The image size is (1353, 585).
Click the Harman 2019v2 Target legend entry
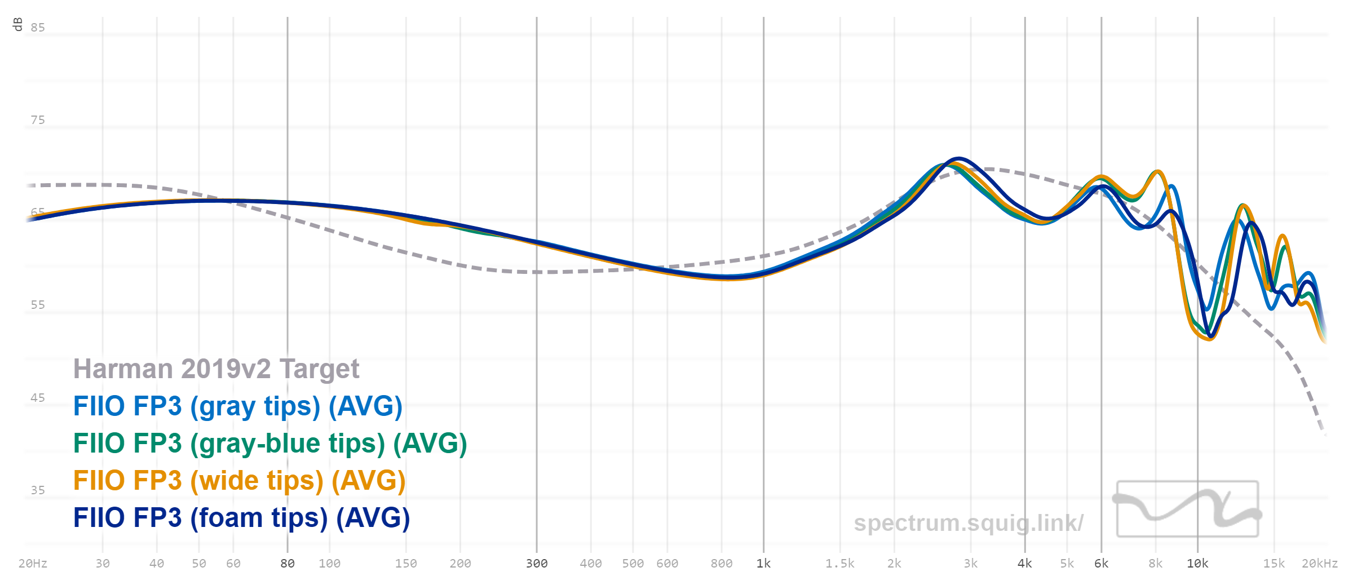click(x=216, y=369)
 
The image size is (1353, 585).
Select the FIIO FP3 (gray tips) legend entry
click(x=237, y=406)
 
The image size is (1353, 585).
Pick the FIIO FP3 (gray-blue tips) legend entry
click(x=269, y=444)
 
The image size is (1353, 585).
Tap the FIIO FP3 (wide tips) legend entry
click(x=239, y=481)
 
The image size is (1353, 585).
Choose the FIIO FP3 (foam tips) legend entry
click(x=241, y=518)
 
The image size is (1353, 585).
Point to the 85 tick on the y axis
click(x=38, y=28)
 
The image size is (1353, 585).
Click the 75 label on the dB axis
click(x=38, y=120)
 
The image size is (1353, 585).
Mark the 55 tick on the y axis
click(x=38, y=305)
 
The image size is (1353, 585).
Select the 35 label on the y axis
click(x=38, y=490)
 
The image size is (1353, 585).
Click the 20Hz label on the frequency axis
click(x=33, y=564)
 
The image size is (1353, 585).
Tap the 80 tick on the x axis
click(x=288, y=564)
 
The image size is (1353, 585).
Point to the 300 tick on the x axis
click(x=537, y=564)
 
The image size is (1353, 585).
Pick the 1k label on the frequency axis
click(x=763, y=564)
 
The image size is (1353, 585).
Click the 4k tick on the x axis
click(x=1024, y=564)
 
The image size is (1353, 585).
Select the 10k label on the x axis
click(x=1197, y=564)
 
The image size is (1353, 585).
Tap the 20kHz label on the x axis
click(x=1319, y=564)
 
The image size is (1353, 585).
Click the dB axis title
click(x=17, y=24)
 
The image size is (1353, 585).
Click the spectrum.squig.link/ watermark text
click(x=968, y=523)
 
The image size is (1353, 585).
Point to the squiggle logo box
click(x=1187, y=509)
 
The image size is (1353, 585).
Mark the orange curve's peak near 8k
click(x=1157, y=171)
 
